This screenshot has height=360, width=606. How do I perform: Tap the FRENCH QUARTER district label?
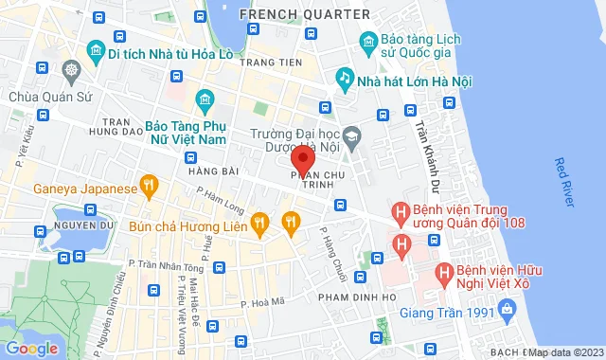[x=304, y=14]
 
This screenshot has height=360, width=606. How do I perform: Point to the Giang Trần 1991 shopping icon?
[x=508, y=308]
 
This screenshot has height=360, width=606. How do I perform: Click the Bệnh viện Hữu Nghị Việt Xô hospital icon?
[x=442, y=273]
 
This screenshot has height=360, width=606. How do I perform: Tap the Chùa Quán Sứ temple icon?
[x=71, y=71]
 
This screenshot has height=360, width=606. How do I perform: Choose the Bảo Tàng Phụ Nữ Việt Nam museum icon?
[x=205, y=99]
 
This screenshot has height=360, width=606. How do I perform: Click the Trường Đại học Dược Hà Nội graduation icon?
[x=352, y=135]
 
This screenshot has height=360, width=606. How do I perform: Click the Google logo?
[x=31, y=348]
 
